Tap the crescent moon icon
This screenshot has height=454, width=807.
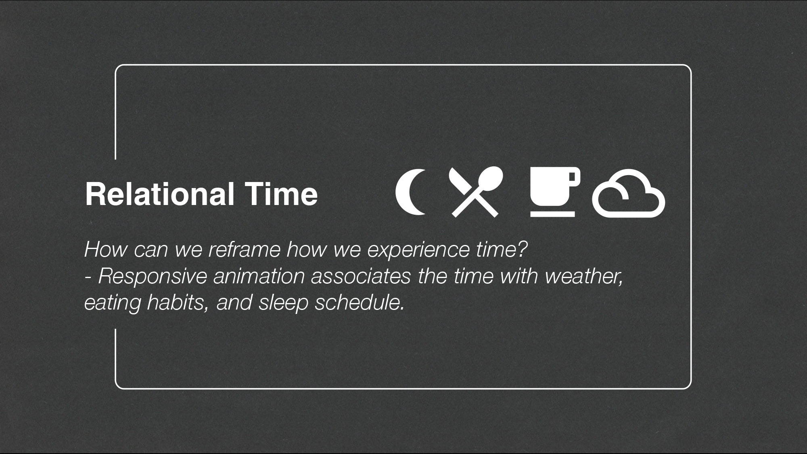click(408, 192)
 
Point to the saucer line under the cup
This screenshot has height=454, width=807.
click(552, 214)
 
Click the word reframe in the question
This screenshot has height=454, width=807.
click(244, 249)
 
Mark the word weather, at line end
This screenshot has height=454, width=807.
click(584, 276)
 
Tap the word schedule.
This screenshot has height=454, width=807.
click(360, 303)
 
